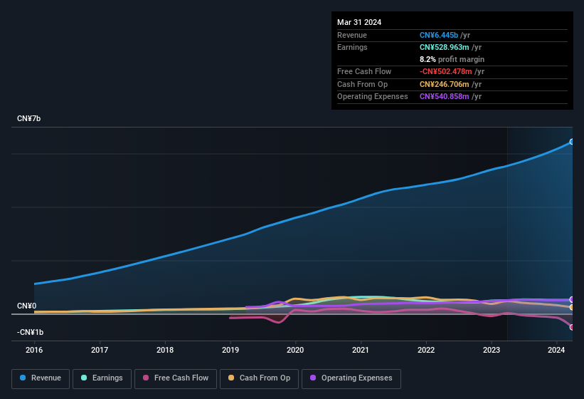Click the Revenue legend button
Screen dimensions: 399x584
tap(41, 378)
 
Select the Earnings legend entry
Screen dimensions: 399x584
tap(102, 378)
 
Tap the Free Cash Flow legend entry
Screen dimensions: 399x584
tap(174, 378)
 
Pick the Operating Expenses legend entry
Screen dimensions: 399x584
tap(351, 378)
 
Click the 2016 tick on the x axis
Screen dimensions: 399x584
tap(34, 350)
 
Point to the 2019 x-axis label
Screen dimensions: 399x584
tap(230, 350)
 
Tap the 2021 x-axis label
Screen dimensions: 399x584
tap(361, 350)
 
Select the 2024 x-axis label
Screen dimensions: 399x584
tap(556, 350)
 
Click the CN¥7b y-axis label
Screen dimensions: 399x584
tap(29, 118)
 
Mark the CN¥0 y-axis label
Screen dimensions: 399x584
tap(26, 306)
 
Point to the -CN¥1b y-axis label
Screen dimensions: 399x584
tap(31, 332)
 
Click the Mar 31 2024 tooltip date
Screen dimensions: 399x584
tap(359, 22)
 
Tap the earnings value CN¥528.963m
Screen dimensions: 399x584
tap(443, 47)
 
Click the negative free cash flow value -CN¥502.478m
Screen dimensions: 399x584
tap(445, 71)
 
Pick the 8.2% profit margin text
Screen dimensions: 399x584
tap(452, 59)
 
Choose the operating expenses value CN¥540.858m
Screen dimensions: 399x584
tap(443, 96)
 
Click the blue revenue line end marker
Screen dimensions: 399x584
tap(572, 142)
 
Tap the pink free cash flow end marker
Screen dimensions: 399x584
tap(572, 327)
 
